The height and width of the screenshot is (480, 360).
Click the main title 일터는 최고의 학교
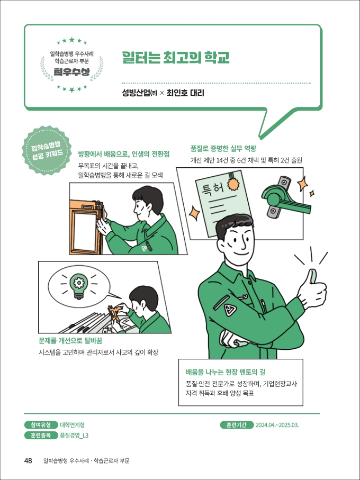(175, 57)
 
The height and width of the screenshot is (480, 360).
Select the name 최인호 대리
(185, 93)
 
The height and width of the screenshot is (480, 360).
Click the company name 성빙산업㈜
(139, 93)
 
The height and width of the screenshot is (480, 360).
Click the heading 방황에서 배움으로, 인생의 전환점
(123, 153)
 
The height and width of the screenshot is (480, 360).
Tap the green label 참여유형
(41, 425)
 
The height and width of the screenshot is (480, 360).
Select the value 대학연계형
(73, 425)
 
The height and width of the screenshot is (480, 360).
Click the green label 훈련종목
(41, 436)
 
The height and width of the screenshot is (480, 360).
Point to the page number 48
(29, 460)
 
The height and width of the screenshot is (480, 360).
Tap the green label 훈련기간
(236, 425)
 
